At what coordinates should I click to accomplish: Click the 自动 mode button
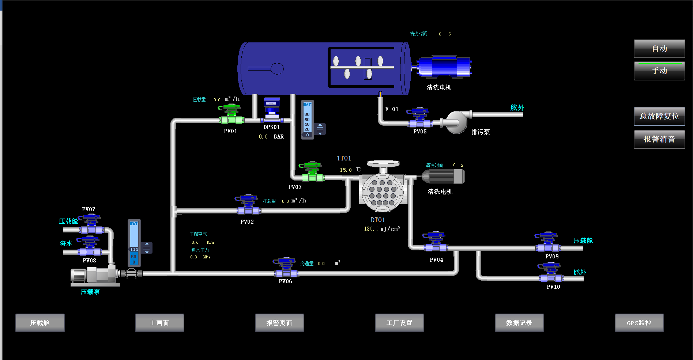659,49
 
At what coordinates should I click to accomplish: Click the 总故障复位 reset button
659,116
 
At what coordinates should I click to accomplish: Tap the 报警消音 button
659,139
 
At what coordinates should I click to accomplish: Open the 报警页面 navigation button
279,323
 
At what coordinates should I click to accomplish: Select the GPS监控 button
639,323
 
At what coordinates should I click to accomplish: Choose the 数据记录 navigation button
519,323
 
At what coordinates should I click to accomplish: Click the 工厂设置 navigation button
399,323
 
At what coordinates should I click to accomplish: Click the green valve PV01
231,115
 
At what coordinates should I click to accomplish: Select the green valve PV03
312,172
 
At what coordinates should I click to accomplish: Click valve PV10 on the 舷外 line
551,274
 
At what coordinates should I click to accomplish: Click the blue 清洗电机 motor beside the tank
444,67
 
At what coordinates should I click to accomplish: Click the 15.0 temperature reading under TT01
346,170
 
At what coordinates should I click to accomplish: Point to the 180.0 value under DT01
371,229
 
